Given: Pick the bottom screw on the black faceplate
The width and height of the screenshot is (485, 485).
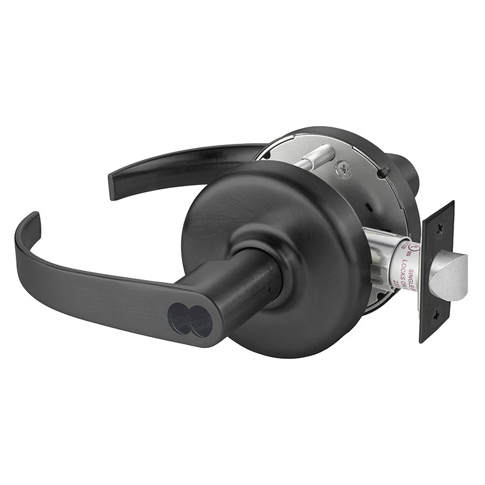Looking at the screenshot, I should [435, 327].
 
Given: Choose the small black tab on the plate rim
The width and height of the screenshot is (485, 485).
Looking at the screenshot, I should [381, 174].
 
